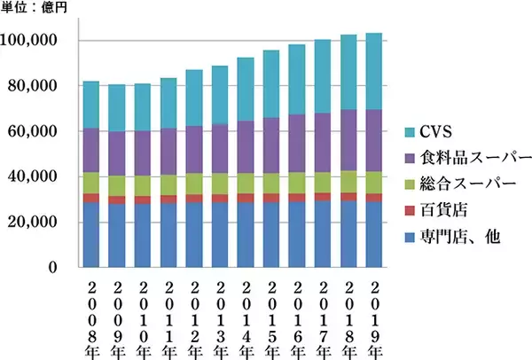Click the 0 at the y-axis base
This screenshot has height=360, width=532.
(51, 267)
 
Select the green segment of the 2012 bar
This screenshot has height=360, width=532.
(193, 184)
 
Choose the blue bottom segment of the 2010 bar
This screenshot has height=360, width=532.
(142, 235)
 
